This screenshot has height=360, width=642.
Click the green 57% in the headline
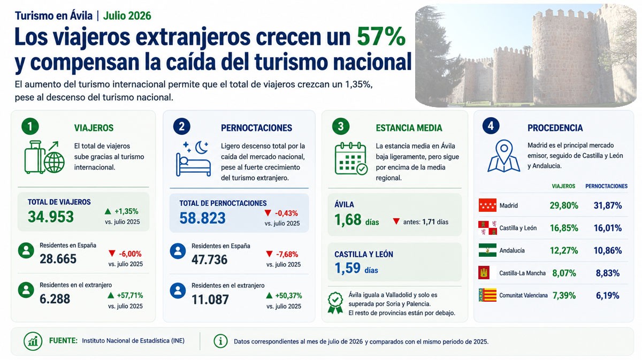click(381, 37)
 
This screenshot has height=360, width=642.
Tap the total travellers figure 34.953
click(51, 217)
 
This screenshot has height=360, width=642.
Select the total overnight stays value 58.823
click(202, 218)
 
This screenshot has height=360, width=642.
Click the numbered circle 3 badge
click(340, 126)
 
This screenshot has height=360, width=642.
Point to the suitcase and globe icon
click(44, 157)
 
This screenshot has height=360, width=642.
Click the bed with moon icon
click(193, 158)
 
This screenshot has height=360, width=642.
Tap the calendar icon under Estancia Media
click(351, 158)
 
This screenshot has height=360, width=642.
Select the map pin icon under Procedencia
click(503, 156)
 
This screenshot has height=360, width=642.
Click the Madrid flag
click(487, 205)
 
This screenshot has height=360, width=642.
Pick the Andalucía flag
click(487, 250)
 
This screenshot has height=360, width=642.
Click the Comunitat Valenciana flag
click(487, 295)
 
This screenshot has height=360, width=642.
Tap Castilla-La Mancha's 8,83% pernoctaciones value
click(608, 273)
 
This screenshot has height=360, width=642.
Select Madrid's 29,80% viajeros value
click(564, 205)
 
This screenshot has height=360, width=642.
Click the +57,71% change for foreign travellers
click(125, 295)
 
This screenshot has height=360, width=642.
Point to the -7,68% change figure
click(282, 254)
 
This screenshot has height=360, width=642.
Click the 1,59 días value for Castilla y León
click(356, 269)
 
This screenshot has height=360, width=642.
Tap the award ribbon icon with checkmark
click(335, 303)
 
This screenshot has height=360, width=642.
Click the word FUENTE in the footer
click(63, 341)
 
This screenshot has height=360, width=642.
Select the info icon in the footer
click(220, 341)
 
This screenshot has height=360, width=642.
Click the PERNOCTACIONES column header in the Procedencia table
click(606, 186)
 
